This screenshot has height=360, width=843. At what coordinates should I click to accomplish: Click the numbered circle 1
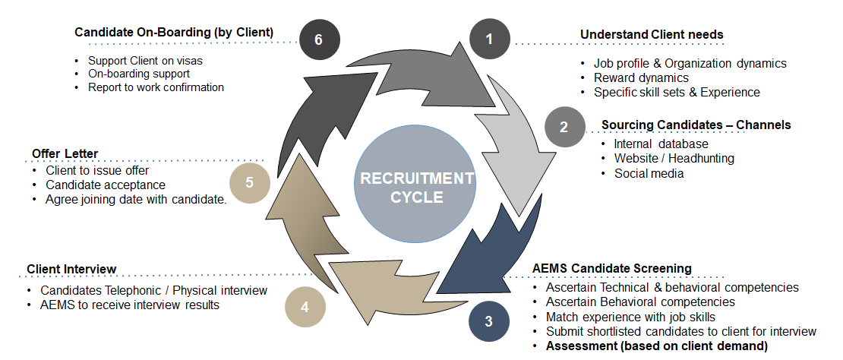pos(489,38)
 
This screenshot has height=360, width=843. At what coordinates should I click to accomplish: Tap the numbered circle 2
pos(564,126)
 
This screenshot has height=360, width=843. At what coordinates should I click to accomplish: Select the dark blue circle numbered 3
pos(489,321)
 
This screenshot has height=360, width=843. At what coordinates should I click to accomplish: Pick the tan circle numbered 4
pos(305,308)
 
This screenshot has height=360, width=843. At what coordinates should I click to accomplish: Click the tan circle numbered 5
pos(249,184)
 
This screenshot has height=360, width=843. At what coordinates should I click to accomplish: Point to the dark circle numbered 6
pos(318,39)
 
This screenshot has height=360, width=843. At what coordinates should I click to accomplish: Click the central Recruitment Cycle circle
pos(417,187)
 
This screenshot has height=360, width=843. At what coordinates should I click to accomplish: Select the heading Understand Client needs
pos(652,35)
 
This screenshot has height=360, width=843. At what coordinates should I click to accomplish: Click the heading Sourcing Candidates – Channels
pos(696,125)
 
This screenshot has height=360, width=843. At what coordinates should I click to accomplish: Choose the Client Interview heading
pos(71,269)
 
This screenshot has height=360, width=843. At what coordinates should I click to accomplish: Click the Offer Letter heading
pos(65,154)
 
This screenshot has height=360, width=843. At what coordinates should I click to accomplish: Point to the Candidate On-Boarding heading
pos(174,32)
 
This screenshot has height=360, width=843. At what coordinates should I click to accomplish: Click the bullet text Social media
pos(649,173)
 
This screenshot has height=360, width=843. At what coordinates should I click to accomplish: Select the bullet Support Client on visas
pos(145,61)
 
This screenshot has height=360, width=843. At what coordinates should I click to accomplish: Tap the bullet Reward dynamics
pos(641,77)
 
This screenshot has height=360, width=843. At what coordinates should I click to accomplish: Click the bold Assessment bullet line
pos(657,346)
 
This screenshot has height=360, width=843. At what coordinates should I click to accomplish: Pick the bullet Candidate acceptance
pos(106,185)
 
